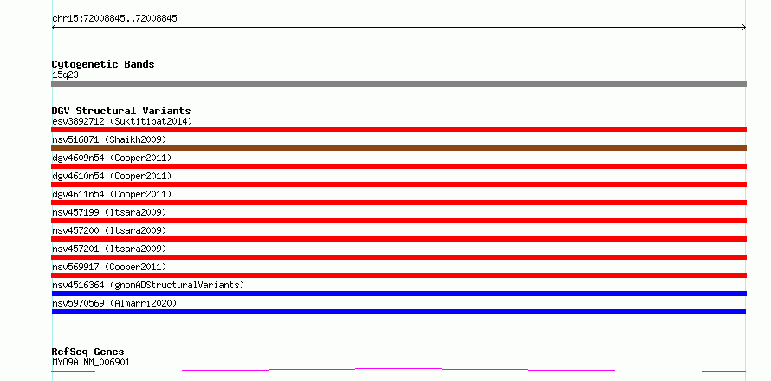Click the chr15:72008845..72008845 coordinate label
[114, 19]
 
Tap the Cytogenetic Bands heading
[103, 64]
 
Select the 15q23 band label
[65, 75]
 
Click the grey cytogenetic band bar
[398, 84]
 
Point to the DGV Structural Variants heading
[121, 111]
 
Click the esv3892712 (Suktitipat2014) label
[122, 121]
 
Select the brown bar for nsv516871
[398, 148]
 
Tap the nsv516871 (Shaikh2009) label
[109, 139]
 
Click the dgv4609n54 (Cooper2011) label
[112, 158]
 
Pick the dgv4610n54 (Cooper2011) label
[112, 176]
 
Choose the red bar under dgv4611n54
[398, 203]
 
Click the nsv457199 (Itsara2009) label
[109, 212]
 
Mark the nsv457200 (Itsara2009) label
[109, 230]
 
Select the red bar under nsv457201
[398, 257]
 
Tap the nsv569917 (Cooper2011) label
[109, 267]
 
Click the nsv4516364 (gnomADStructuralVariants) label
[148, 285]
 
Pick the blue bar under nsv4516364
[398, 294]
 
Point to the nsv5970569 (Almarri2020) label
[114, 303]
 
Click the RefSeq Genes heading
[87, 352]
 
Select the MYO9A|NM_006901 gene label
[91, 363]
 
